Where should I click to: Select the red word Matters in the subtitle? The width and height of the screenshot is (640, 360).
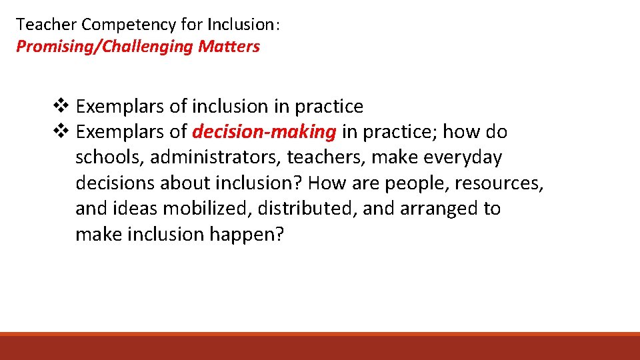[x=229, y=47]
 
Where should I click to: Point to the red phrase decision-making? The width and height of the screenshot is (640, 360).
[x=264, y=132]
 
